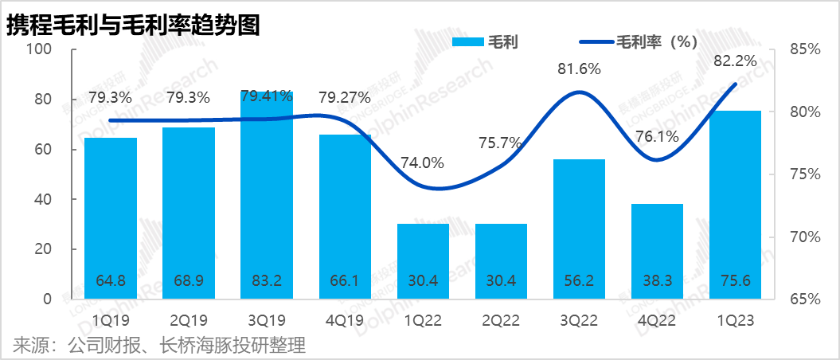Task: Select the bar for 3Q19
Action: pos(267,199)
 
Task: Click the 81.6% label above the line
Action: pos(579,68)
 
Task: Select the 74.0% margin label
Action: pos(423,162)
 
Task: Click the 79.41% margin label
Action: pos(267,98)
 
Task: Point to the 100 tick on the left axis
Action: pos(39,49)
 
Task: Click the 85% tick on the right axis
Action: pos(805,49)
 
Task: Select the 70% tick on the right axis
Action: pos(805,237)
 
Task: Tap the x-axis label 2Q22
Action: pos(501,320)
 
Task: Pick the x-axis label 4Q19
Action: pos(345,320)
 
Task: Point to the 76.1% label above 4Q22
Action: pos(657,136)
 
